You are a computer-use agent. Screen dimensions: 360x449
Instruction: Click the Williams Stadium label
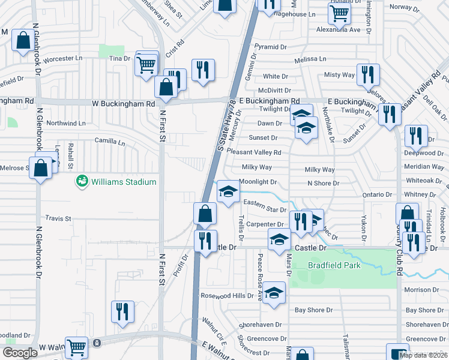(x=123, y=182)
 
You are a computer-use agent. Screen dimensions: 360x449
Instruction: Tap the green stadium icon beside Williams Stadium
(x=82, y=181)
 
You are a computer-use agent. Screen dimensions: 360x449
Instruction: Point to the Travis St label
(x=58, y=218)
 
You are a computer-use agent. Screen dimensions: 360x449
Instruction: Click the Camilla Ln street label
(x=110, y=143)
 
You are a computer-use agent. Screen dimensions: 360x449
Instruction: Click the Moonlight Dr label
(x=258, y=182)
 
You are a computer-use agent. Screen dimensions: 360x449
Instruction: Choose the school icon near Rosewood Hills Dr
(x=274, y=293)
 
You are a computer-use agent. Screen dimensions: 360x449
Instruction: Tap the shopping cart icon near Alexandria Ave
(x=340, y=14)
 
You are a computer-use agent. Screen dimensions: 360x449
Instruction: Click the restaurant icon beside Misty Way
(x=367, y=74)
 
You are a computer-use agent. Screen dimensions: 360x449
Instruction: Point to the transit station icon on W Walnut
(x=97, y=343)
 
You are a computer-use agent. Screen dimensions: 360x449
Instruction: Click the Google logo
(x=20, y=353)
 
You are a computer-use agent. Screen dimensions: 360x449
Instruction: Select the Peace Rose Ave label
(x=260, y=268)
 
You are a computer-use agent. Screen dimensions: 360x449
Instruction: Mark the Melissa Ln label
(x=310, y=59)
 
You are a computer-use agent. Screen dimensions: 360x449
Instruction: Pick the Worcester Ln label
(x=63, y=58)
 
